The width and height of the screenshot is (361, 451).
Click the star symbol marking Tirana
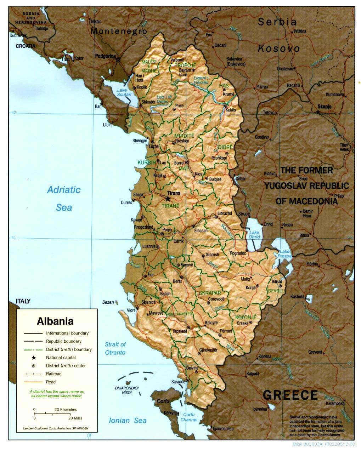coord(168,199)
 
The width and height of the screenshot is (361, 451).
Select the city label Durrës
coord(126,203)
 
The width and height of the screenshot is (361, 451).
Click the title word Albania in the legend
coord(55,321)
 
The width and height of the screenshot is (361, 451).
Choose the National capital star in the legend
coord(34,358)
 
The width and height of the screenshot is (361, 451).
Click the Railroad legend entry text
coord(53,374)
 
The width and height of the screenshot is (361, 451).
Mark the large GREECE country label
coord(290,395)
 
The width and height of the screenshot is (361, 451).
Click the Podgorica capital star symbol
coord(118,59)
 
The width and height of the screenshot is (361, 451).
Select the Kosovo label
coord(278,48)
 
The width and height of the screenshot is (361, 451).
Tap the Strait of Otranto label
coord(115,348)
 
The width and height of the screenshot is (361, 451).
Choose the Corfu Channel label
coord(189,417)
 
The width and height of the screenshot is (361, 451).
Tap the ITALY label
coord(23,301)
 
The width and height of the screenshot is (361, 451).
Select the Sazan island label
coord(108,302)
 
